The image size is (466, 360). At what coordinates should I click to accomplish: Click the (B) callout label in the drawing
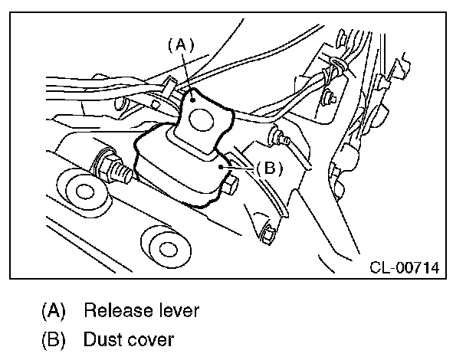pos(268,169)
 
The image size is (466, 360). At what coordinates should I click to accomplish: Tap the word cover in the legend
pos(151,338)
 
